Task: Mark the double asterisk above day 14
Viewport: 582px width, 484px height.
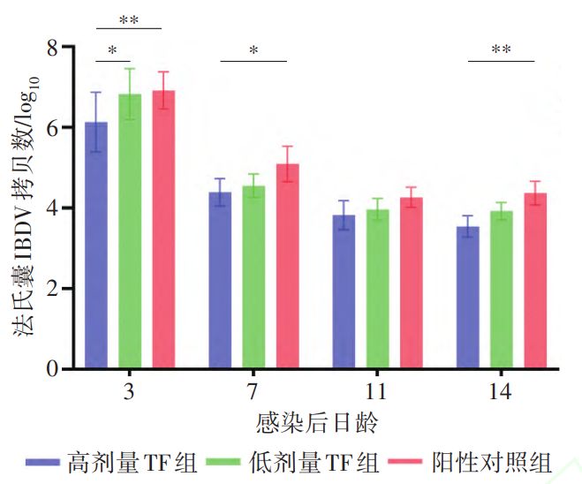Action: tap(501, 50)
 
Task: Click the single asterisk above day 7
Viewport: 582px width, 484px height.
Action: tap(253, 51)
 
